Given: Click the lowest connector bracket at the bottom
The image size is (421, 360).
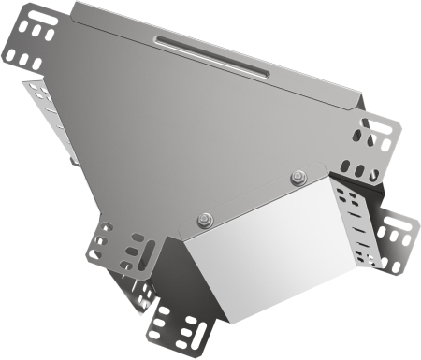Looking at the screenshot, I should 181,327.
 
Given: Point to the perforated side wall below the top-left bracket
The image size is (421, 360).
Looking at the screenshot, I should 51,117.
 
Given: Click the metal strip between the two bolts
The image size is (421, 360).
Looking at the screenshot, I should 251,198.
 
